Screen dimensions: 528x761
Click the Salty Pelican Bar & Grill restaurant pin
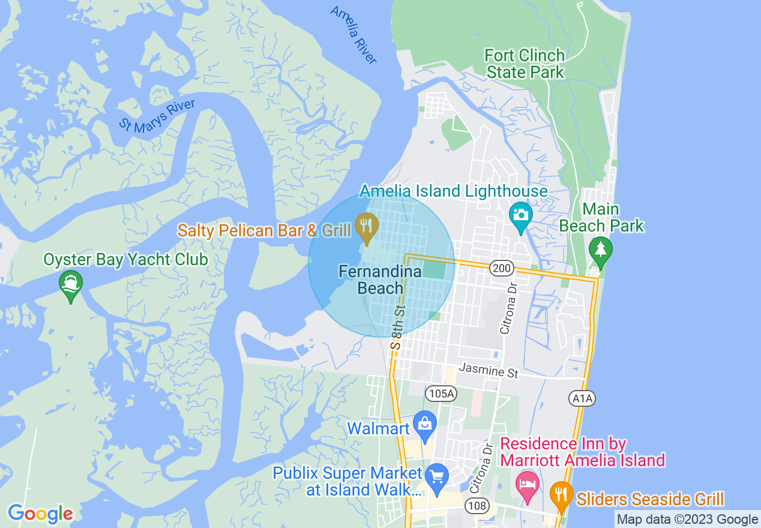(x=365, y=226)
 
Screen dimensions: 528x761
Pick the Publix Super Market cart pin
(x=437, y=477)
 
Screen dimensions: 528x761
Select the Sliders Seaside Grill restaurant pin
(x=561, y=494)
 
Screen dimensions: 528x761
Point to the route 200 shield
(x=501, y=268)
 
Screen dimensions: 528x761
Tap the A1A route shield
(x=582, y=398)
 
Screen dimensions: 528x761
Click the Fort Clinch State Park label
(x=525, y=64)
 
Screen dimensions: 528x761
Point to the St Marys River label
(x=157, y=116)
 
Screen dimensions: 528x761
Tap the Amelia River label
(x=354, y=35)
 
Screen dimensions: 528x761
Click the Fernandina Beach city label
(x=380, y=280)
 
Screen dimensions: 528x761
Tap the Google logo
(x=40, y=514)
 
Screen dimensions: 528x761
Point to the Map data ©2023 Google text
(x=688, y=520)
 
